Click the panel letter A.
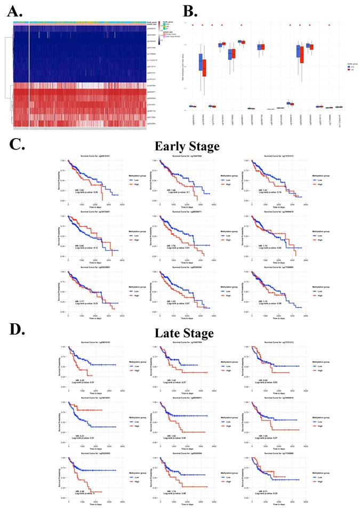[x=11, y=9]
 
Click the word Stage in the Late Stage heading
[x=197, y=333]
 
